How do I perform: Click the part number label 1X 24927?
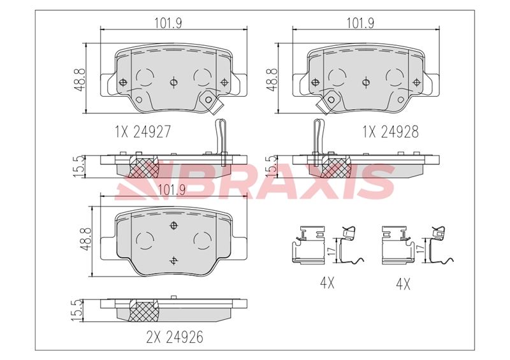click(x=143, y=131)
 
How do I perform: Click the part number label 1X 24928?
click(x=391, y=131)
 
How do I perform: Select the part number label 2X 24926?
click(x=175, y=337)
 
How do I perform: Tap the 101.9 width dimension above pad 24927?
click(x=168, y=23)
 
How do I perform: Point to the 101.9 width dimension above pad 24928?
click(x=360, y=23)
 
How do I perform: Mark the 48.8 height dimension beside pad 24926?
click(x=87, y=239)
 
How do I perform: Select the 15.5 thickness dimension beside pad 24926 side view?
click(x=78, y=310)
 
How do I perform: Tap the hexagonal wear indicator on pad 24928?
click(x=331, y=99)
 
